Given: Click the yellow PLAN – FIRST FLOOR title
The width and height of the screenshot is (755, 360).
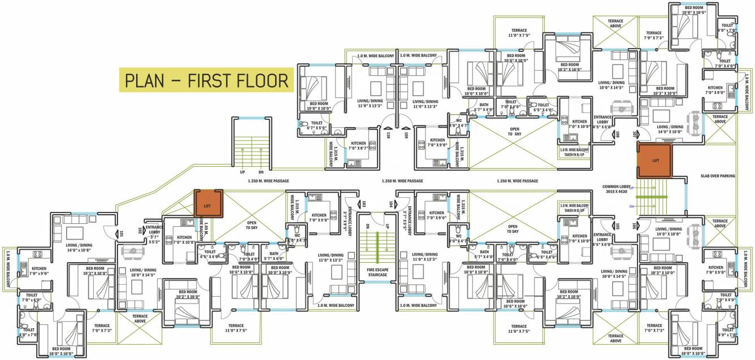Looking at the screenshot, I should [x=206, y=81].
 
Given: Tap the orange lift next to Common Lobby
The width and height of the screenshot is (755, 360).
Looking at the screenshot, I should [x=654, y=161].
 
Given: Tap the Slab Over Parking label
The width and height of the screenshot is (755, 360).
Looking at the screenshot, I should [x=718, y=176].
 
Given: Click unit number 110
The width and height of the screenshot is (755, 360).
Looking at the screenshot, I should [x=388, y=135].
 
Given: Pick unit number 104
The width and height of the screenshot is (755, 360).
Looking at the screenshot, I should [x=390, y=203].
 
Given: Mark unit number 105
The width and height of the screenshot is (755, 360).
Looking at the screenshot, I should [x=618, y=226].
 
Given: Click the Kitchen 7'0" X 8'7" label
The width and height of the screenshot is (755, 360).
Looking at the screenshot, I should [x=359, y=146].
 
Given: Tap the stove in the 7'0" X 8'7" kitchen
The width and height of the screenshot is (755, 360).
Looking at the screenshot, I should [x=372, y=145].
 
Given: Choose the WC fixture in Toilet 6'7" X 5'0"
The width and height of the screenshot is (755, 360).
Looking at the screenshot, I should [x=303, y=124].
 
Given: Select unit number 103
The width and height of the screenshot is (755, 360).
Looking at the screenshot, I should [x=365, y=203].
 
